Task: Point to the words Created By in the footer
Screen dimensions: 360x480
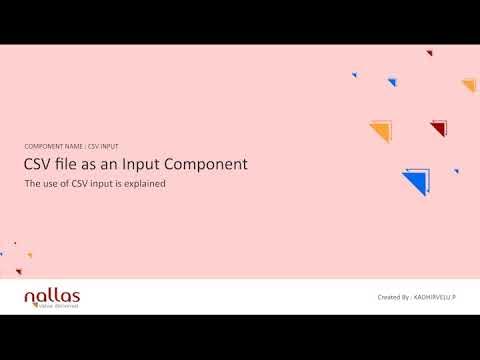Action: (394, 298)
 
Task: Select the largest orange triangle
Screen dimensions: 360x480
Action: (381, 130)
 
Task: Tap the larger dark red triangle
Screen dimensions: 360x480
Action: (439, 127)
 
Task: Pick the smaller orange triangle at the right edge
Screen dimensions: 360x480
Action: (470, 85)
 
